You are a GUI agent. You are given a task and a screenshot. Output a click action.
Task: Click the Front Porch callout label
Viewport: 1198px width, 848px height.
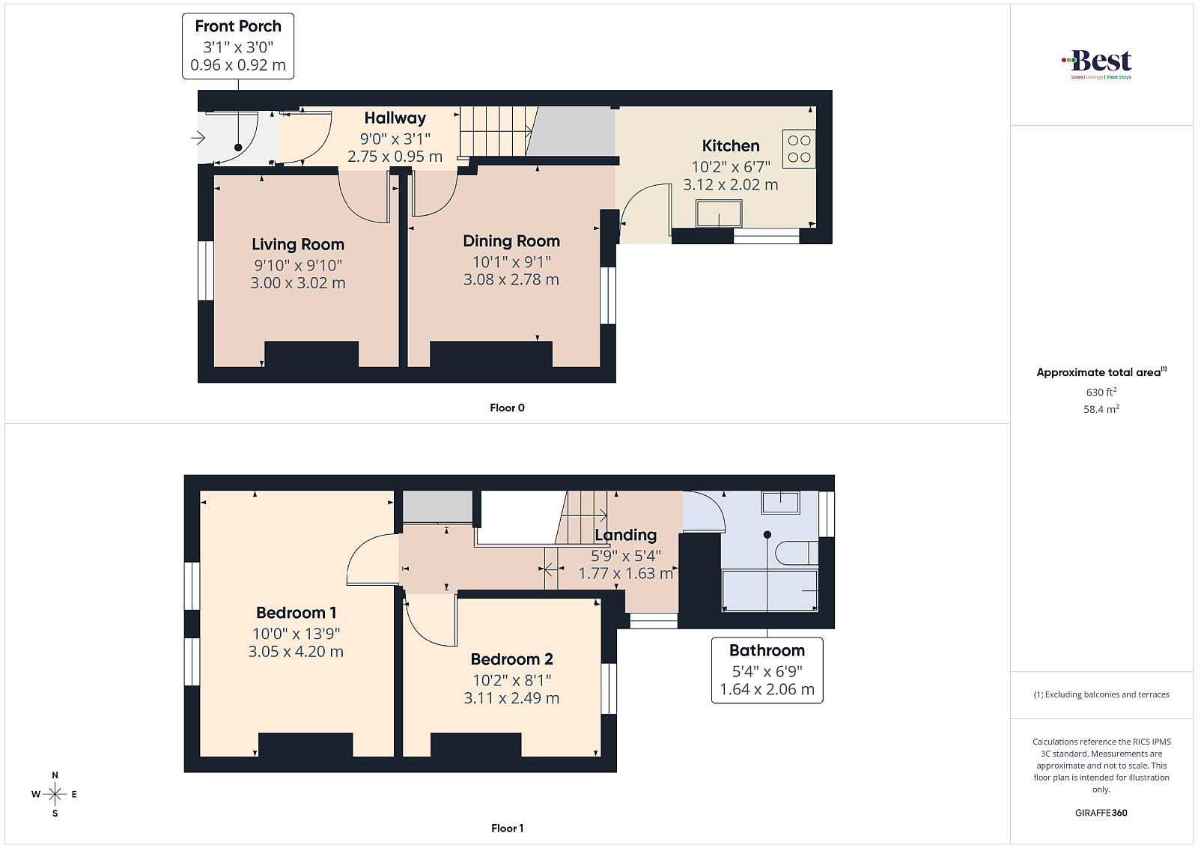[x=238, y=46]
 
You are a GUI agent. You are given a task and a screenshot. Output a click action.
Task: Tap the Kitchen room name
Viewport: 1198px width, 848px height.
[x=731, y=145]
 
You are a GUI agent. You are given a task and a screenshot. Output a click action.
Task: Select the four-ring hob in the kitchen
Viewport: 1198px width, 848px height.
[x=799, y=149]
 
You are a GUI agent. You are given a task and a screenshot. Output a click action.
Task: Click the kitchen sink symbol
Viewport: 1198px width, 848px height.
[x=719, y=213]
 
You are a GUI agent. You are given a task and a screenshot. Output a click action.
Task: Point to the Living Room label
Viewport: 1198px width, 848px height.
[x=298, y=244]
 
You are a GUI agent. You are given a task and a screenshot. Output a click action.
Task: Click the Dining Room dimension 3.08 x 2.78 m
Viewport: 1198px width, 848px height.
[x=511, y=279]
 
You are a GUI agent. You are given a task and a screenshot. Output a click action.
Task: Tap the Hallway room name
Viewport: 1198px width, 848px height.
[x=395, y=118]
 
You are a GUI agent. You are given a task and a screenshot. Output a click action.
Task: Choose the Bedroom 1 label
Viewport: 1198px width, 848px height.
[x=296, y=613]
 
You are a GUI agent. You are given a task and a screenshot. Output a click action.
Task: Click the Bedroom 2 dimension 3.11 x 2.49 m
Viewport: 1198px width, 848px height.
[x=511, y=698]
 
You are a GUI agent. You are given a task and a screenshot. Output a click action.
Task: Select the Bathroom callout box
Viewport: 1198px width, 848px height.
[x=767, y=670]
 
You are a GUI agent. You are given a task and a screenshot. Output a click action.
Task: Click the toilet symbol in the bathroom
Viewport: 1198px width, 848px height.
[x=797, y=553]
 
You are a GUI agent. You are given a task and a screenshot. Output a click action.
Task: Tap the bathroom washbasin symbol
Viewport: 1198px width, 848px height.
[x=781, y=503]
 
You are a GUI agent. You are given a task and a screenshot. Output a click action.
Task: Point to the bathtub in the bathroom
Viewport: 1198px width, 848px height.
[x=770, y=590]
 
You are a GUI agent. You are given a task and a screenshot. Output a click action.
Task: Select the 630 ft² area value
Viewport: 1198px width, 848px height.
[x=1101, y=392]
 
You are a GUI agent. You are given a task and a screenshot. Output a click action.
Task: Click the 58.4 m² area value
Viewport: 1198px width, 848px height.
[x=1101, y=409]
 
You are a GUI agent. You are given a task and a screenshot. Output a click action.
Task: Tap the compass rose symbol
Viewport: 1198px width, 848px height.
[x=55, y=794]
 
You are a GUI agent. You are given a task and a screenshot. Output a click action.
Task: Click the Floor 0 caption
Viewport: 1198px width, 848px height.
[x=507, y=408]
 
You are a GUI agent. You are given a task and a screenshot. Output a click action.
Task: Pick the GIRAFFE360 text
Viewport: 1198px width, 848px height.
[x=1101, y=813]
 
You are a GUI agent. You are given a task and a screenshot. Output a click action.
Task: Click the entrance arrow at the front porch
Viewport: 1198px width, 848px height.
[x=198, y=138]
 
